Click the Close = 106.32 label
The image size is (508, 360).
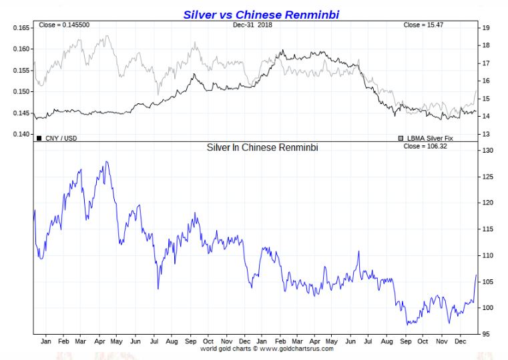425,146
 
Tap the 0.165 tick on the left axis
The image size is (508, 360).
21,28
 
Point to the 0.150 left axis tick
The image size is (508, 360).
21,92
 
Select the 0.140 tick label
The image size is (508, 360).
21,135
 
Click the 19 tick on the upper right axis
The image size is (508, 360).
487,28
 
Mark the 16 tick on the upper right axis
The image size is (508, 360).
487,81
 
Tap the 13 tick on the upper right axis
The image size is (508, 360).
487,135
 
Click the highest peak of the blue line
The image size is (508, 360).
105,161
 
